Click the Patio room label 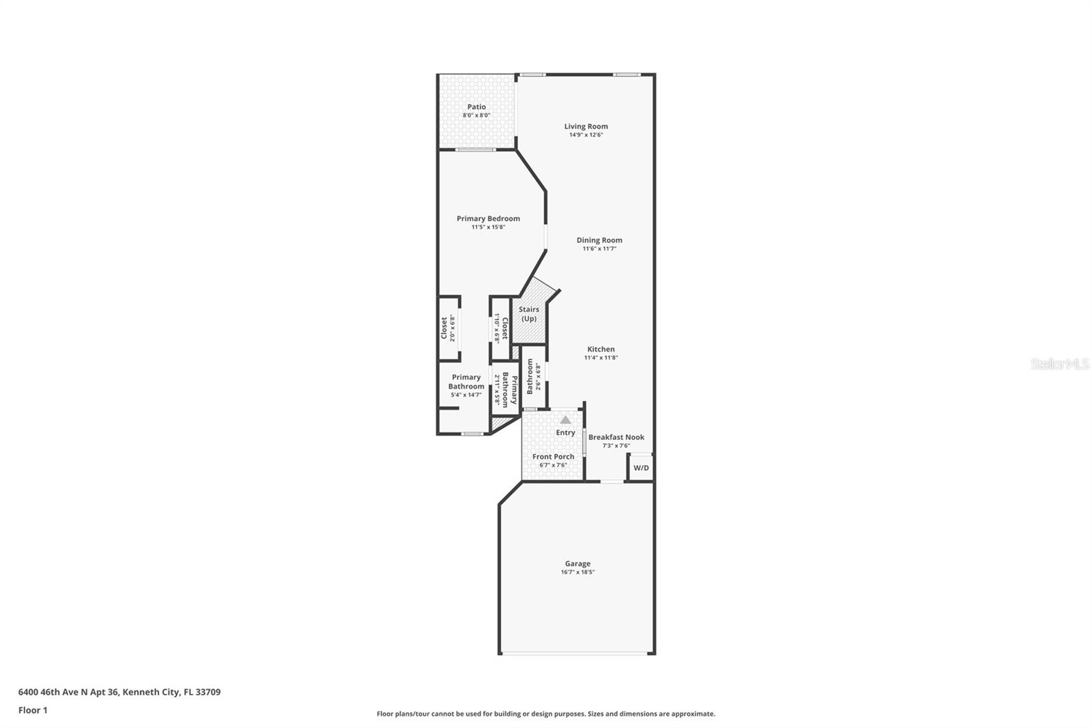[476, 107]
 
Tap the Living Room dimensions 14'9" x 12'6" [586, 135]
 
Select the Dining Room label [599, 240]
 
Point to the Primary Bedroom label [488, 219]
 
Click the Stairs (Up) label [529, 314]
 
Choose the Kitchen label [601, 349]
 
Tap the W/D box [641, 468]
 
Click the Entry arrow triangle [565, 420]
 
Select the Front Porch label [553, 456]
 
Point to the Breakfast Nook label [616, 437]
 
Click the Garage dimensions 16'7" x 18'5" [577, 572]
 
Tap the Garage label [577, 563]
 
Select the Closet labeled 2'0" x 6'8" [444, 328]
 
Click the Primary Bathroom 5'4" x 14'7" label [466, 382]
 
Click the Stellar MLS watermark [1059, 365]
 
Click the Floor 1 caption [33, 710]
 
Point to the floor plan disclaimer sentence [546, 714]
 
